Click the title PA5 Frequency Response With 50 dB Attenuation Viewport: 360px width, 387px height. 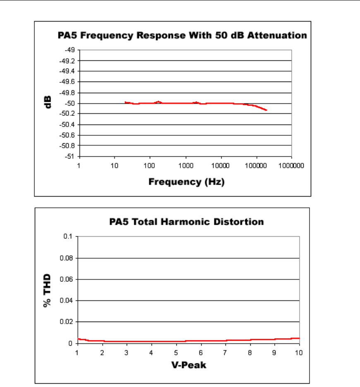pyautogui.click(x=182, y=35)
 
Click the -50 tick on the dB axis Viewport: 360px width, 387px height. pyautogui.click(x=69, y=103)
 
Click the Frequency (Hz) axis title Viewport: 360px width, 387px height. pyautogui.click(x=186, y=181)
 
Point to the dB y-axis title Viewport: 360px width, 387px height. pyautogui.click(x=48, y=103)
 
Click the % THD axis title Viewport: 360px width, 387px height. pyautogui.click(x=48, y=290)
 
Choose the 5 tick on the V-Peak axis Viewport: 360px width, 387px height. pyautogui.click(x=176, y=352)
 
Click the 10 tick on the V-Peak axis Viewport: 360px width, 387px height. pyautogui.click(x=299, y=352)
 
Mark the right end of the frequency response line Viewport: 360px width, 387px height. pyautogui.click(x=266, y=110)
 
